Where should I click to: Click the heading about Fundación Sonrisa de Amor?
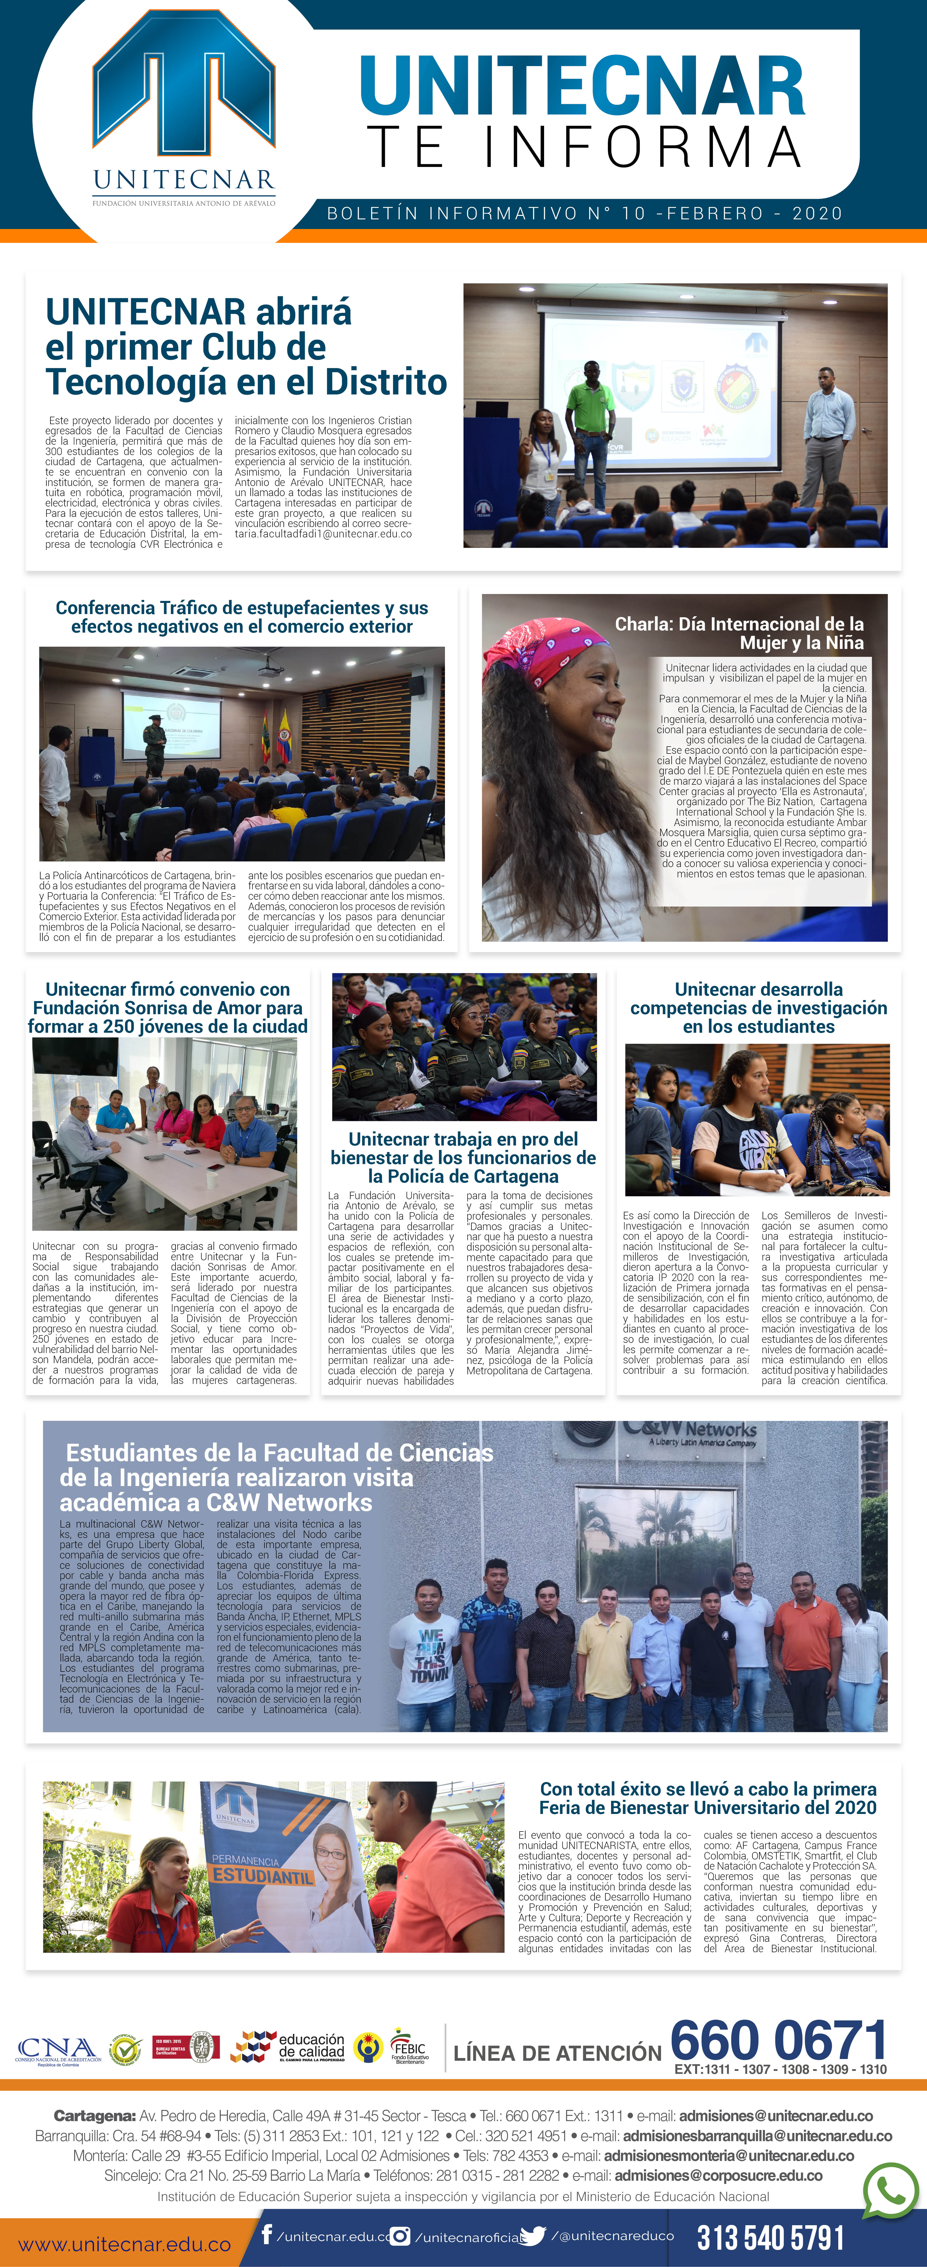[x=167, y=1008]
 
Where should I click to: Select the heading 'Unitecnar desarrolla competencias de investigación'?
[x=758, y=1008]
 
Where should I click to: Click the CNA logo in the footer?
[x=57, y=2051]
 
